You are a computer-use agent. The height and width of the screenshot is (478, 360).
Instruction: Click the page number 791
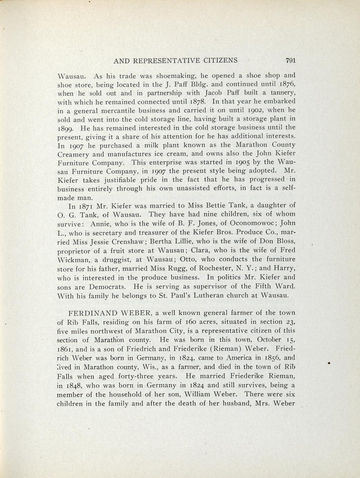click(x=290, y=61)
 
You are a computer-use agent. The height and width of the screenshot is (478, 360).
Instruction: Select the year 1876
click(x=286, y=84)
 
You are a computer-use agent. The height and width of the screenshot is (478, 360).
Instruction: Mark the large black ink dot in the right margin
click(x=327, y=363)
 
